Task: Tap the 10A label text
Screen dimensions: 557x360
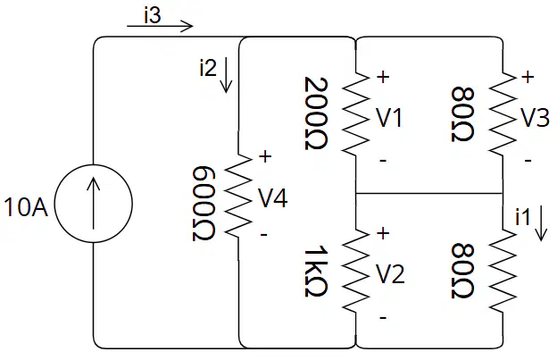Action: coord(26,207)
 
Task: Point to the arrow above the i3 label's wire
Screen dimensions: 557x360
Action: coord(160,26)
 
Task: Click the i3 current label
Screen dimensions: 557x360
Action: coord(153,16)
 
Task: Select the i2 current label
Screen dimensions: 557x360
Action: coord(208,68)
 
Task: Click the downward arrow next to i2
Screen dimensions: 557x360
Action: coord(226,76)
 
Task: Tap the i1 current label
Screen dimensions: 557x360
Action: coord(522,216)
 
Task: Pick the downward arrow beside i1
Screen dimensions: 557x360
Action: coord(541,224)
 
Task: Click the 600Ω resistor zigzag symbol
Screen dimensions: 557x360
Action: coord(238,196)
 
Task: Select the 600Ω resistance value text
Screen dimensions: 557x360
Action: coord(204,204)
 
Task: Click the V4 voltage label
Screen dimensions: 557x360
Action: coord(273,198)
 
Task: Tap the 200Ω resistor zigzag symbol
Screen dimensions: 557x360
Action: coord(355,114)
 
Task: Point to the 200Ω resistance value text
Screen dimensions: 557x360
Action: coord(316,113)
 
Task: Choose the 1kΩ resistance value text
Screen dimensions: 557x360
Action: coord(316,271)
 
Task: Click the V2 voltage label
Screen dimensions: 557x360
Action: coord(391,275)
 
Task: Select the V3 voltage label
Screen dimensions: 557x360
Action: coord(536,118)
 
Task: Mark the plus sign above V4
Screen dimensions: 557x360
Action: coord(265,156)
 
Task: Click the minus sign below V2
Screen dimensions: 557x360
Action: coord(383,317)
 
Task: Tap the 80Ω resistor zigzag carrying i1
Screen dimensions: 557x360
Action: coord(503,272)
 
